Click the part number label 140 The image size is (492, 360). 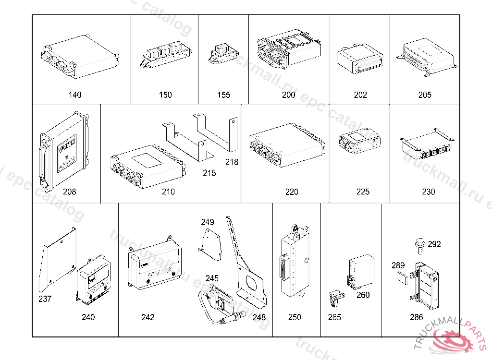pos(75,95)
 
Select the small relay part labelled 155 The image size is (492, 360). pos(221,54)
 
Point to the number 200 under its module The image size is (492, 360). pos(288,95)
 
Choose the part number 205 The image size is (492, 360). pos(425,95)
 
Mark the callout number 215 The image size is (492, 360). pos(209,173)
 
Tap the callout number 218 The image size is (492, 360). pos(232,162)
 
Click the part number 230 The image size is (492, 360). pos(428,192)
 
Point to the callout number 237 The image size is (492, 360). pos(45,299)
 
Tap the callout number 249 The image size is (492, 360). pos(208,222)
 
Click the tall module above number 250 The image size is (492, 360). pos(295,262)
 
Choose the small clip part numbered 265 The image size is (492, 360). pos(335,298)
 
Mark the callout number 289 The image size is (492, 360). pos(398,265)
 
